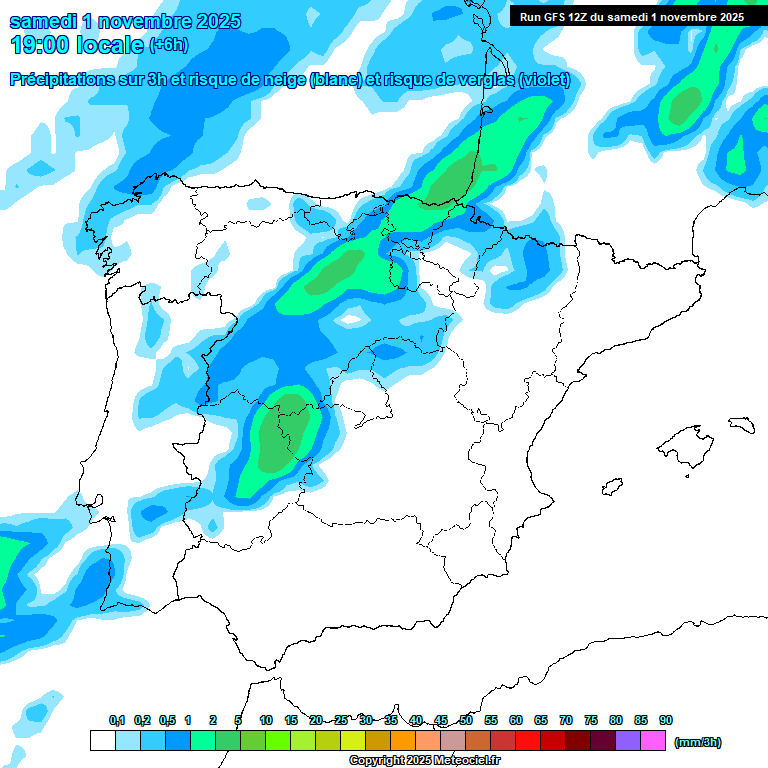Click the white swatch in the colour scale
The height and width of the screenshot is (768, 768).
point(102,741)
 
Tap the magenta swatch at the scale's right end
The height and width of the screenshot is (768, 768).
point(653,741)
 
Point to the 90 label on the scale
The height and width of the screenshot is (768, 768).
point(666,720)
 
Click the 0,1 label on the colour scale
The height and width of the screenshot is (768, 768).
point(117,720)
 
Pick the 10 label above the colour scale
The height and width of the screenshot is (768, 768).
point(266,720)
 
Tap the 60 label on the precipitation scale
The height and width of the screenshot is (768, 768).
point(516,720)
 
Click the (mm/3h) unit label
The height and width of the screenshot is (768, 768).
point(698,742)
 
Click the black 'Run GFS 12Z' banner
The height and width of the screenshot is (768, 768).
point(632,16)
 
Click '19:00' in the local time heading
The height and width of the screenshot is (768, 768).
point(38,44)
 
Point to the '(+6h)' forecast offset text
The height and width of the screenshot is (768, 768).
point(168,45)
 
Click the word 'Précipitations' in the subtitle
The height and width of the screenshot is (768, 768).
point(61,79)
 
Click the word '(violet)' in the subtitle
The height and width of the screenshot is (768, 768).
point(545,79)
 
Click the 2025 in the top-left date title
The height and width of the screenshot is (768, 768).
point(213,21)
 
